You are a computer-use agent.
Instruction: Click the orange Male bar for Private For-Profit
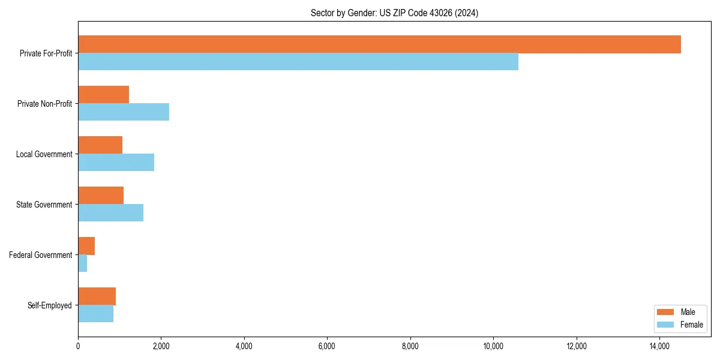[x=379, y=44]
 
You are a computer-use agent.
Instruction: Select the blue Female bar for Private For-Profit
[x=298, y=62]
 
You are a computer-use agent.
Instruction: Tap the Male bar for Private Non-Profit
[x=103, y=95]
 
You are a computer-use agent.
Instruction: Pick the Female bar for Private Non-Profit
[x=124, y=112]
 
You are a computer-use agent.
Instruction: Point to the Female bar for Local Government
[x=116, y=163]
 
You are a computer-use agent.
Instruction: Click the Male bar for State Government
[x=101, y=196]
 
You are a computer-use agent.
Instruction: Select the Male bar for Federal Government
[x=86, y=246]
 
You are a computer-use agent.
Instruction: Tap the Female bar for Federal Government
[x=82, y=263]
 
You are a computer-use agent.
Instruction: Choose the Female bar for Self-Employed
[x=95, y=314]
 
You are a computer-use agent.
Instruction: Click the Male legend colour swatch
[x=666, y=312]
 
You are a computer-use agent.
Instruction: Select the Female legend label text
[x=691, y=325]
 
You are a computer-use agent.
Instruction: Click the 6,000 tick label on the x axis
[x=327, y=346]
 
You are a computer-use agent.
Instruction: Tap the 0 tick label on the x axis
[x=78, y=346]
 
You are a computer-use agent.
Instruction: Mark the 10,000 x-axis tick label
[x=493, y=346]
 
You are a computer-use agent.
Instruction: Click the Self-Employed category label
[x=49, y=305]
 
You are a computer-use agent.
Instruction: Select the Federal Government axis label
[x=40, y=255]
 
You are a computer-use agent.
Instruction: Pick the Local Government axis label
[x=44, y=154]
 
